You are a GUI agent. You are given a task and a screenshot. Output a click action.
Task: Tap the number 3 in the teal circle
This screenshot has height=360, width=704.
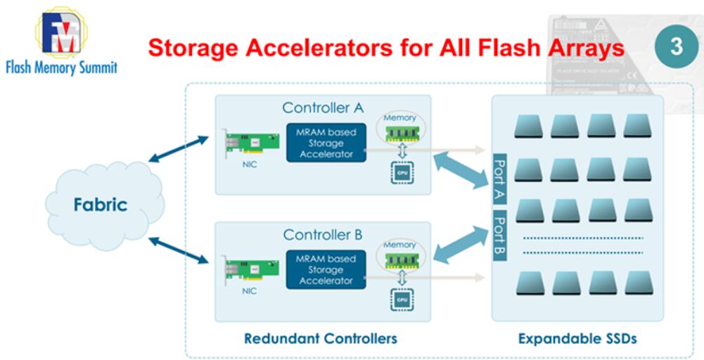pyautogui.click(x=675, y=46)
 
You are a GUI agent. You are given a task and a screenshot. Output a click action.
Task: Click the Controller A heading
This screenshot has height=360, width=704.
pyautogui.click(x=323, y=108)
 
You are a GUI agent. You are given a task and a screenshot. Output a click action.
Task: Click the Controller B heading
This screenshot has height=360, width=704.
pyautogui.click(x=323, y=234)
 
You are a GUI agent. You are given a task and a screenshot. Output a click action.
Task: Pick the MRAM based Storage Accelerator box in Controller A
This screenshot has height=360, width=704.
pyautogui.click(x=326, y=142)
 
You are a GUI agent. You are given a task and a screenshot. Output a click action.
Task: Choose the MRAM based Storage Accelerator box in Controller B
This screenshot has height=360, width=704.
pyautogui.click(x=326, y=269)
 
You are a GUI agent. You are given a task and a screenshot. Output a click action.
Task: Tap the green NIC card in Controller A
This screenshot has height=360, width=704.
pyautogui.click(x=250, y=146)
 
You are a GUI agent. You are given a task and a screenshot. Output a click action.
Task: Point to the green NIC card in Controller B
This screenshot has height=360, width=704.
pyautogui.click(x=250, y=272)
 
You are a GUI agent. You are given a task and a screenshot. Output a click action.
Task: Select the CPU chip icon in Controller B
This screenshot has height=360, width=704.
pyautogui.click(x=402, y=299)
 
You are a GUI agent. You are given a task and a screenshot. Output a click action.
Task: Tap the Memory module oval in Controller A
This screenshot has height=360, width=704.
pyautogui.click(x=401, y=129)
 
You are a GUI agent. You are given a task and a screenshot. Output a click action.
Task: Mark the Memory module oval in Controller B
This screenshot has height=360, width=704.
pyautogui.click(x=401, y=255)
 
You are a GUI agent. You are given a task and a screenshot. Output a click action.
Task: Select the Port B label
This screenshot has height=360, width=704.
pyautogui.click(x=501, y=236)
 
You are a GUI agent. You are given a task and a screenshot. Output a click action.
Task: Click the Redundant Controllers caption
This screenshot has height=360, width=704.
pyautogui.click(x=321, y=338)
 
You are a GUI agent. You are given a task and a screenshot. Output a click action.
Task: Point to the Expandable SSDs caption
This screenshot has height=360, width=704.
pyautogui.click(x=577, y=338)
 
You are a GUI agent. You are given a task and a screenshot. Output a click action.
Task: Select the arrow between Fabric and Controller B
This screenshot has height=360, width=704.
pyautogui.click(x=179, y=251)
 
